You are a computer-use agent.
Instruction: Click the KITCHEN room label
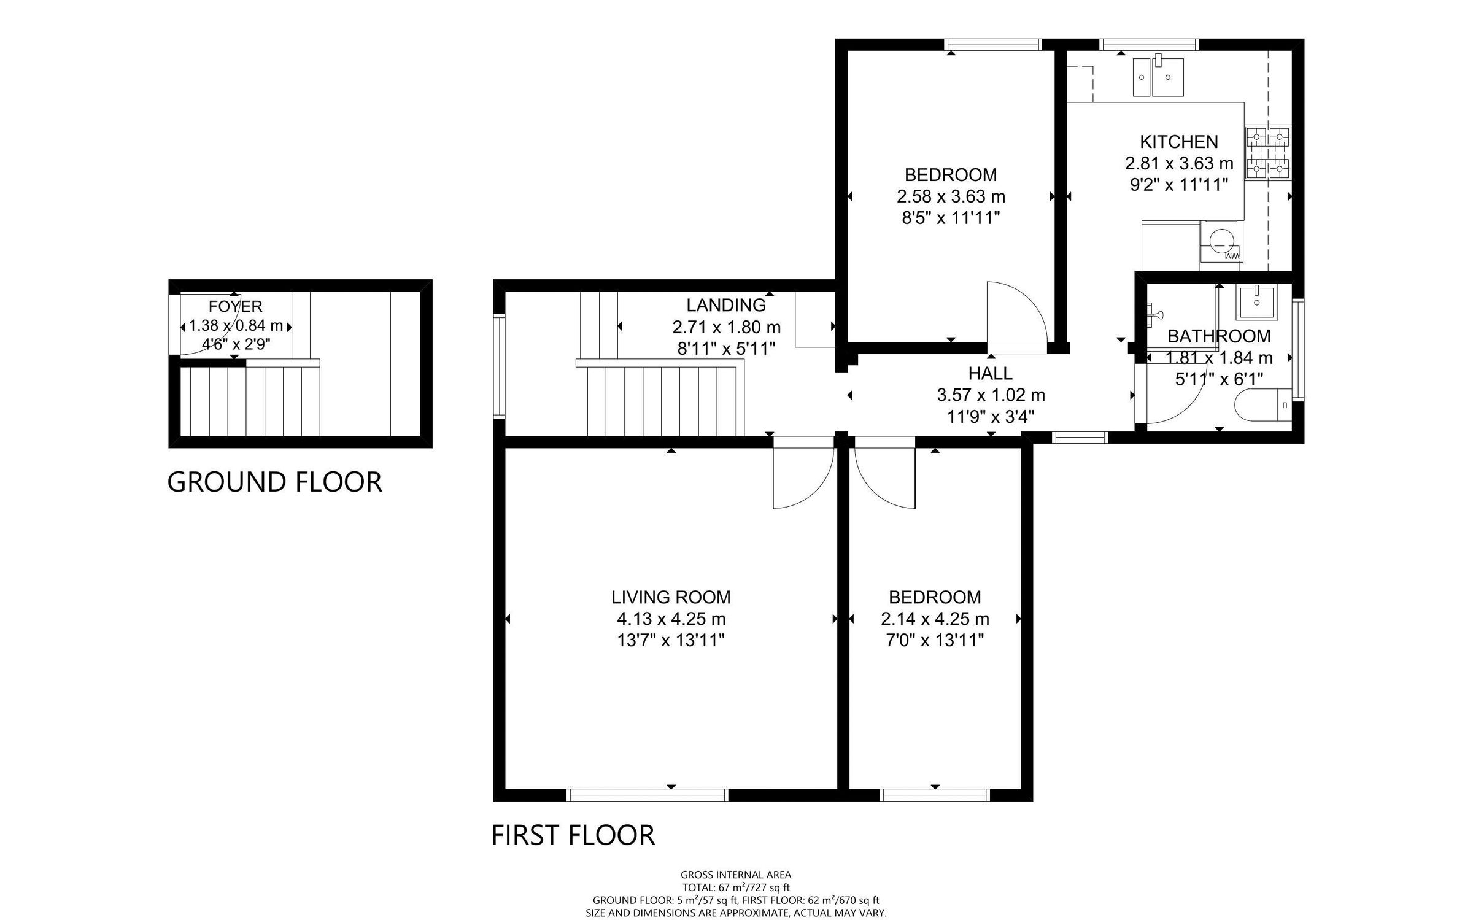point(1178,142)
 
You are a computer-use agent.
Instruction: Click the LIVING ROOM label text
point(671,597)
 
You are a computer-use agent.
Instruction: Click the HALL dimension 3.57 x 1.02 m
point(991,395)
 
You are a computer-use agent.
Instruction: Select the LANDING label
point(725,305)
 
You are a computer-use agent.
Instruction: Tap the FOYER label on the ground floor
point(235,306)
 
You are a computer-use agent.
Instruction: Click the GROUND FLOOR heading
point(274,482)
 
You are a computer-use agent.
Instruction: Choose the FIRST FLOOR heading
point(573,835)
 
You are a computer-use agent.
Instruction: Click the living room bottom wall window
point(648,795)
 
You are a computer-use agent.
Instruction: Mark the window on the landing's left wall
point(499,366)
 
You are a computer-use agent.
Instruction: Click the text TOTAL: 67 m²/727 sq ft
point(736,887)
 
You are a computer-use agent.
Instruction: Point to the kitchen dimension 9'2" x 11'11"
point(1178,185)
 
